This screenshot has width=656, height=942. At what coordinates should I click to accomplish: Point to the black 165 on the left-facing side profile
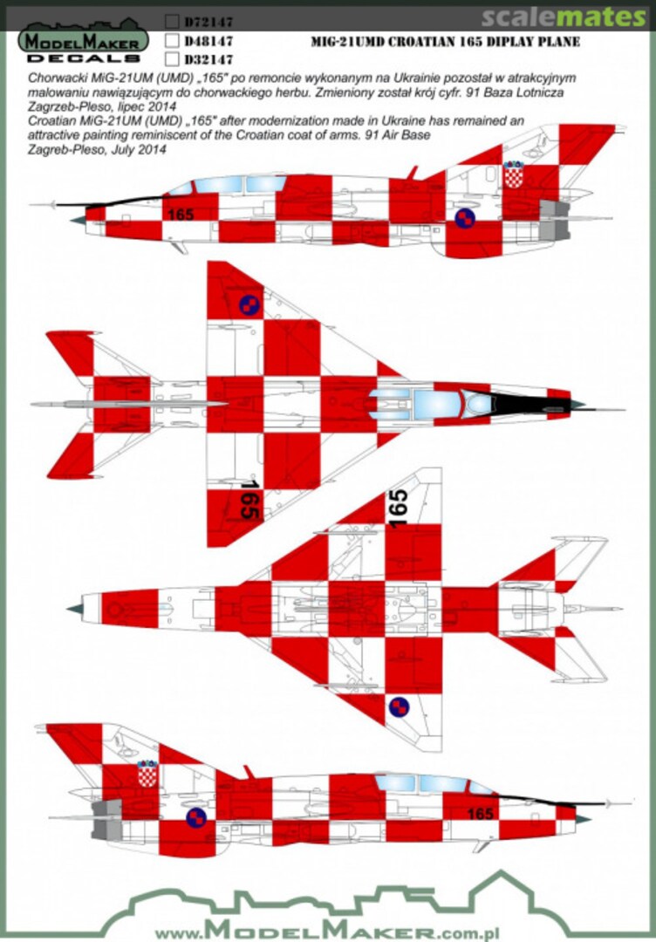coord(180,214)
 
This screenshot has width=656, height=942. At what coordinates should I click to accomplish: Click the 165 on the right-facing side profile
coord(481,813)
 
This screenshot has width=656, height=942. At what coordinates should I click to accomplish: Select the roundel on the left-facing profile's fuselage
coord(465,218)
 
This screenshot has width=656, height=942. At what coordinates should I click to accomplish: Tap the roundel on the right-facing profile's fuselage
coord(197,817)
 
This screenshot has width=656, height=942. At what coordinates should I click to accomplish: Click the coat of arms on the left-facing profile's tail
coord(514,174)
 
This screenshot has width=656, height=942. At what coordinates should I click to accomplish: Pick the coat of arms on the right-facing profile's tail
coord(147,773)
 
